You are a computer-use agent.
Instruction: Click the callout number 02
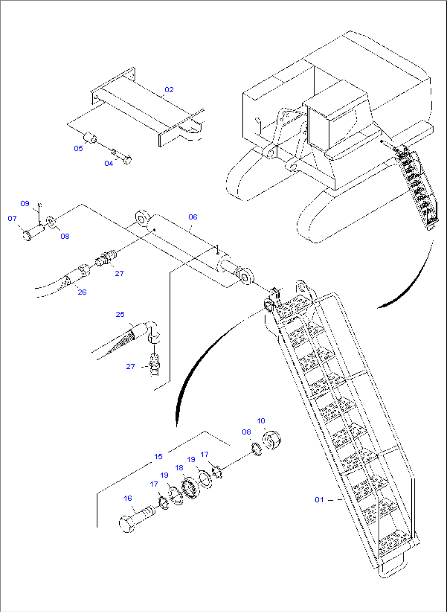tap(169, 89)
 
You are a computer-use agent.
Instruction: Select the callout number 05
tap(78, 148)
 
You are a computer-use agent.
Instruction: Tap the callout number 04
tap(109, 163)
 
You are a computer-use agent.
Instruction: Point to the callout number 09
tap(25, 203)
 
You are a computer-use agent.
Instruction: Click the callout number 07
tap(12, 218)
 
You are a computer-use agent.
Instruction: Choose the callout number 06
tap(193, 217)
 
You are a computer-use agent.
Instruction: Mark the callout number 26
tap(82, 292)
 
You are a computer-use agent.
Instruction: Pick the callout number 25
tap(120, 314)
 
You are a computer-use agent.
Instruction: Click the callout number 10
tap(261, 421)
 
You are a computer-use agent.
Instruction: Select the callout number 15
tap(158, 457)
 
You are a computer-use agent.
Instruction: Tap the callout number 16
tap(128, 498)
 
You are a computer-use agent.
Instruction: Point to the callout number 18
tap(179, 468)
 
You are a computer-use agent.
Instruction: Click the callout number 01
tap(319, 500)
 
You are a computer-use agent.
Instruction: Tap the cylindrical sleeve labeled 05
tap(90, 137)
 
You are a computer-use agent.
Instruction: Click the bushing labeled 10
tap(272, 439)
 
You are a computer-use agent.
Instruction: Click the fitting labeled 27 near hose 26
tap(106, 258)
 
